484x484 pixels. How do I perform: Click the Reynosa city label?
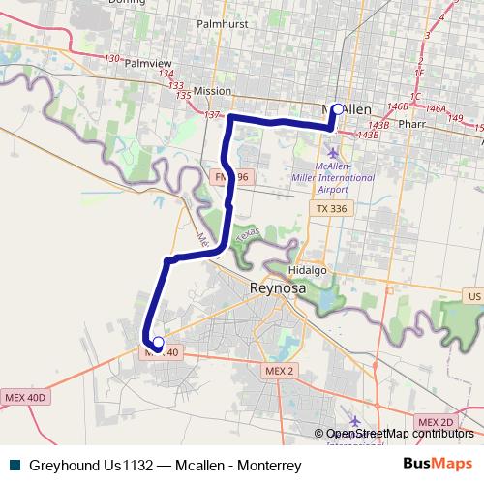point(277,287)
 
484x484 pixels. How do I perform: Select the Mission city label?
point(212,91)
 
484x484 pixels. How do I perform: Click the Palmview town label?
point(148,63)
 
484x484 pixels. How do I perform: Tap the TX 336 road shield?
point(331,208)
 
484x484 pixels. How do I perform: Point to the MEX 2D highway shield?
point(435,423)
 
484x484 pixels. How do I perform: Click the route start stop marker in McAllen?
point(336,108)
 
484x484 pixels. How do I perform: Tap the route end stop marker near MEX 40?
point(158,341)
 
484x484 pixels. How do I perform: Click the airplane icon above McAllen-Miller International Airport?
point(334,152)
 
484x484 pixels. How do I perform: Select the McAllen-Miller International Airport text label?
point(333,178)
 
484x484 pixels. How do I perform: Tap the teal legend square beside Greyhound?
point(14,465)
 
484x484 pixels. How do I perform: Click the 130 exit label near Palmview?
point(110,58)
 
